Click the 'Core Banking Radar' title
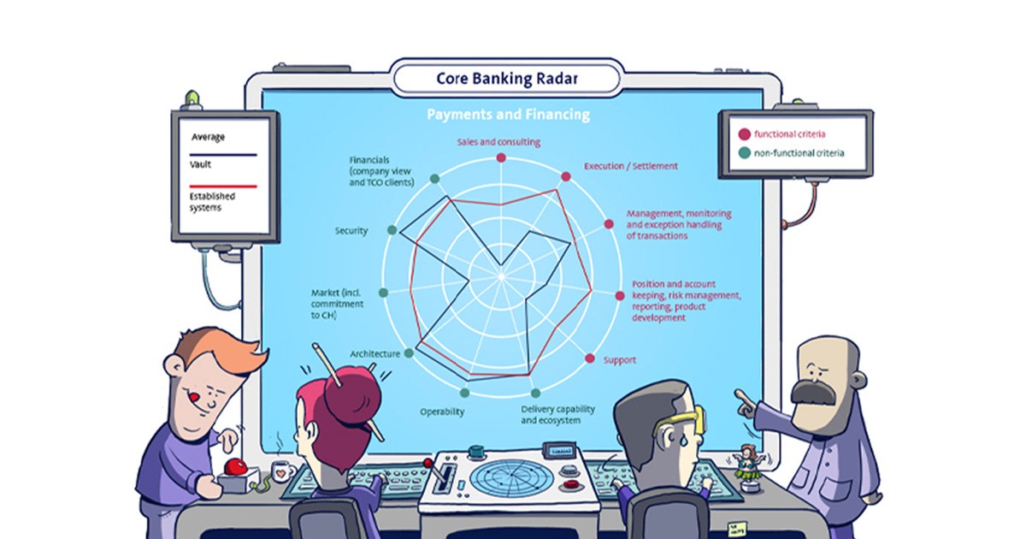[x=507, y=78]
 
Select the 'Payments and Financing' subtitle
[x=508, y=114]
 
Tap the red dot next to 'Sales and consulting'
[x=501, y=157]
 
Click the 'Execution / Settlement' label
[x=630, y=166]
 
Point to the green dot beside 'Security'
[x=392, y=229]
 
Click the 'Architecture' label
[x=374, y=354]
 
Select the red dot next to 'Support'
[x=589, y=358]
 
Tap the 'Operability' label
[x=442, y=412]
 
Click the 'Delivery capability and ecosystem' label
[x=557, y=415]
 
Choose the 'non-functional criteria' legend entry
[x=791, y=153]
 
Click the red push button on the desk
[x=235, y=466]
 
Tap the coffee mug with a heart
[x=283, y=470]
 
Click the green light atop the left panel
[x=192, y=98]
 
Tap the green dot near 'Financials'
[x=434, y=179]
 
